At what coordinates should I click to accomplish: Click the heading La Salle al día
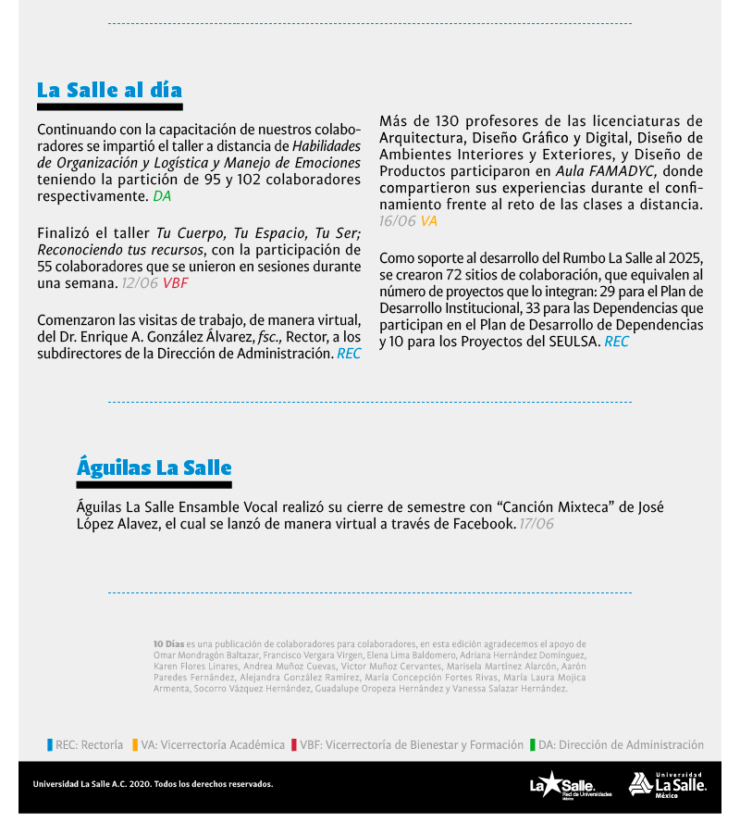(109, 90)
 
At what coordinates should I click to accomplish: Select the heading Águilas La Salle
(154, 467)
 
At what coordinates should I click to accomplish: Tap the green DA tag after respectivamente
(162, 196)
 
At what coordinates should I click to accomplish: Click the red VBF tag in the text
(175, 283)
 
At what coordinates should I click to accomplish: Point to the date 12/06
(140, 283)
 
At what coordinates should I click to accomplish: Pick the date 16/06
(398, 221)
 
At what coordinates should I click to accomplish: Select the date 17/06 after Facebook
(536, 524)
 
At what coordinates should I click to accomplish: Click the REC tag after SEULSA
(616, 342)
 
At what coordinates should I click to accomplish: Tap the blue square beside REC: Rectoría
(50, 744)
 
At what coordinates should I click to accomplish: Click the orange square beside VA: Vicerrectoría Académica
(135, 744)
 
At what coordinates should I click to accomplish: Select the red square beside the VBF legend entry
(293, 744)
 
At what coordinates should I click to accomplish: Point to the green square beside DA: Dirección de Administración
(533, 744)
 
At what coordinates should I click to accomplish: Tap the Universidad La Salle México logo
(668, 784)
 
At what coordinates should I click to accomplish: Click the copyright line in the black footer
(153, 784)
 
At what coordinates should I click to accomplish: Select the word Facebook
(483, 524)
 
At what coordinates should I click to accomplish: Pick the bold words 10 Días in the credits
(168, 643)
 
